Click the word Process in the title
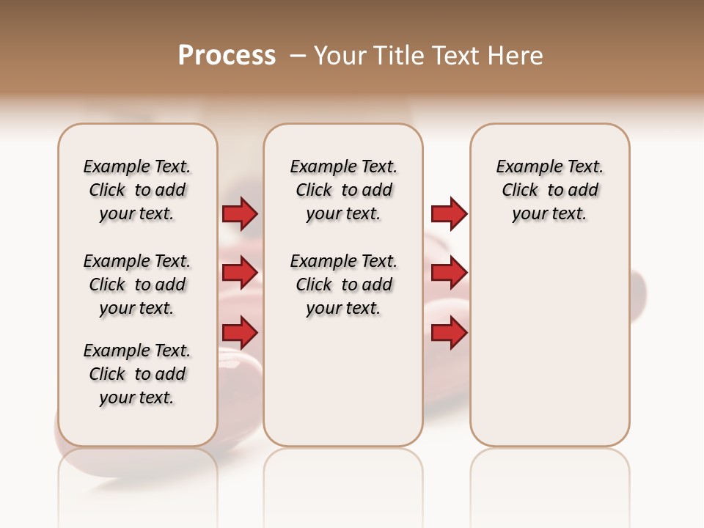coord(227,56)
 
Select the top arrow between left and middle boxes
coord(240,213)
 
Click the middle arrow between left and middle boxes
coord(240,273)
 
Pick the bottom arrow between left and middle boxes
coord(240,333)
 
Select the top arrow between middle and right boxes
coord(450,213)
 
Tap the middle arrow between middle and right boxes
coord(450,273)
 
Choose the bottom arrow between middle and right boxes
coord(450,333)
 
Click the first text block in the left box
coord(137,190)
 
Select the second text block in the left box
coord(137,285)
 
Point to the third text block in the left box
coord(137,374)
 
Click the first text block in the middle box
coord(343,190)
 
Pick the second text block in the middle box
coord(343,285)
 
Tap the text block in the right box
coord(550,190)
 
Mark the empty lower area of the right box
coord(550,345)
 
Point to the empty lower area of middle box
coord(343,381)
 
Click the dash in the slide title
coord(298,56)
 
